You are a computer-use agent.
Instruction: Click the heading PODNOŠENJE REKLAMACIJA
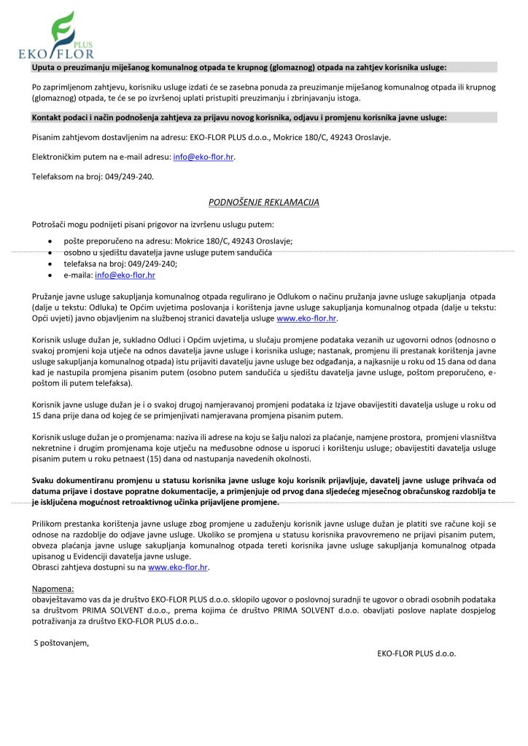pyautogui.click(x=263, y=202)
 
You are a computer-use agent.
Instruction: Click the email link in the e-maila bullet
pyautogui.click(x=125, y=275)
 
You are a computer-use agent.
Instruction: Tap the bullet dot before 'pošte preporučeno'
pyautogui.click(x=49, y=240)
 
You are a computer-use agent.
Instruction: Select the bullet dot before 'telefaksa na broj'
pyautogui.click(x=49, y=264)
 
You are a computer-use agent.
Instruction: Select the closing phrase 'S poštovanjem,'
pyautogui.click(x=62, y=642)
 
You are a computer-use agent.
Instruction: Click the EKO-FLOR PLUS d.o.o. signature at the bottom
pyautogui.click(x=416, y=653)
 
